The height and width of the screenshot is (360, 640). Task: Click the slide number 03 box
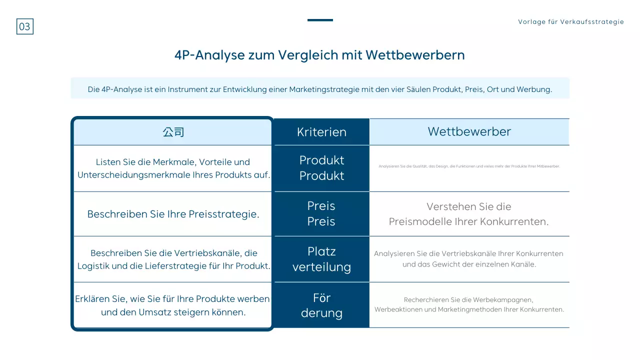(25, 26)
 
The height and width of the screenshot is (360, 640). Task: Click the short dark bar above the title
(320, 20)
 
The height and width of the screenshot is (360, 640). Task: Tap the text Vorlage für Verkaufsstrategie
(571, 22)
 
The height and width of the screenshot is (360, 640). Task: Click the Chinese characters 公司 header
(173, 132)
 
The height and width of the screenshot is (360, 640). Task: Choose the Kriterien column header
(321, 132)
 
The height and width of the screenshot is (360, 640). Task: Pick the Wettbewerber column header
(469, 131)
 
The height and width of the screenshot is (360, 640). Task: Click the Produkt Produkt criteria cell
(321, 168)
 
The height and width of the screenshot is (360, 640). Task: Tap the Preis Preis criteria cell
(321, 213)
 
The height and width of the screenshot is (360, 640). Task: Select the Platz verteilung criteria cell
(321, 259)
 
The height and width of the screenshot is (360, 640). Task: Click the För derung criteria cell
(321, 305)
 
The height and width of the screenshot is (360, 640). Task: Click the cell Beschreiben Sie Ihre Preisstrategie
(173, 214)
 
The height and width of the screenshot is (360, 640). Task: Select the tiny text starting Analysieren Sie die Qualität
(469, 166)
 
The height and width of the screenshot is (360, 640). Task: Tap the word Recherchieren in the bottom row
(426, 300)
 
